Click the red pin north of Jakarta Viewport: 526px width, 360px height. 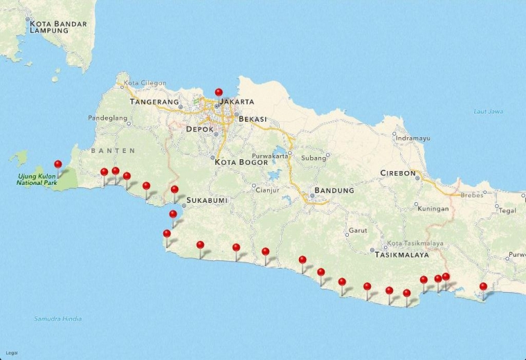pos(219,93)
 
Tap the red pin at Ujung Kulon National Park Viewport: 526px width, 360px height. pos(58,165)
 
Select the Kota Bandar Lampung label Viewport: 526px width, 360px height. pos(58,27)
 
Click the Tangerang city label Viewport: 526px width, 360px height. pos(154,102)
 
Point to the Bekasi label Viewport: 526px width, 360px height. pos(253,119)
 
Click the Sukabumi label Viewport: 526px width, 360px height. pos(207,200)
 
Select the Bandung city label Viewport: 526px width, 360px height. pos(334,190)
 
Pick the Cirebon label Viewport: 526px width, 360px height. pos(398,173)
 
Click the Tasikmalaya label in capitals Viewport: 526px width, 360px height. pos(401,255)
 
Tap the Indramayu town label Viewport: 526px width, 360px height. pos(413,138)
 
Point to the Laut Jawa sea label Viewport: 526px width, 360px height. pos(488,111)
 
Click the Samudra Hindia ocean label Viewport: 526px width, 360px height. pos(57,319)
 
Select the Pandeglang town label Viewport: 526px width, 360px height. pos(108,118)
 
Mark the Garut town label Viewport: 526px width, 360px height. pos(358,231)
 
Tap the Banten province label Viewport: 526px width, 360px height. pos(113,150)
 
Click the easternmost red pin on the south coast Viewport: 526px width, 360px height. pos(483,287)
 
